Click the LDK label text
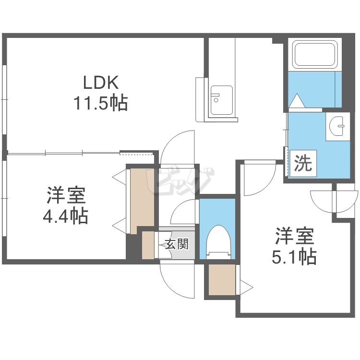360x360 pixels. (101, 83)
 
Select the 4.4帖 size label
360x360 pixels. (65, 217)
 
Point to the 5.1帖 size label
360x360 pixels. (294, 258)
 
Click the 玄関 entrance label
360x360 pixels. (176, 244)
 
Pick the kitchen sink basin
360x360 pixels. (221, 100)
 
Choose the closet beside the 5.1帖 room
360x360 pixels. (222, 279)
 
